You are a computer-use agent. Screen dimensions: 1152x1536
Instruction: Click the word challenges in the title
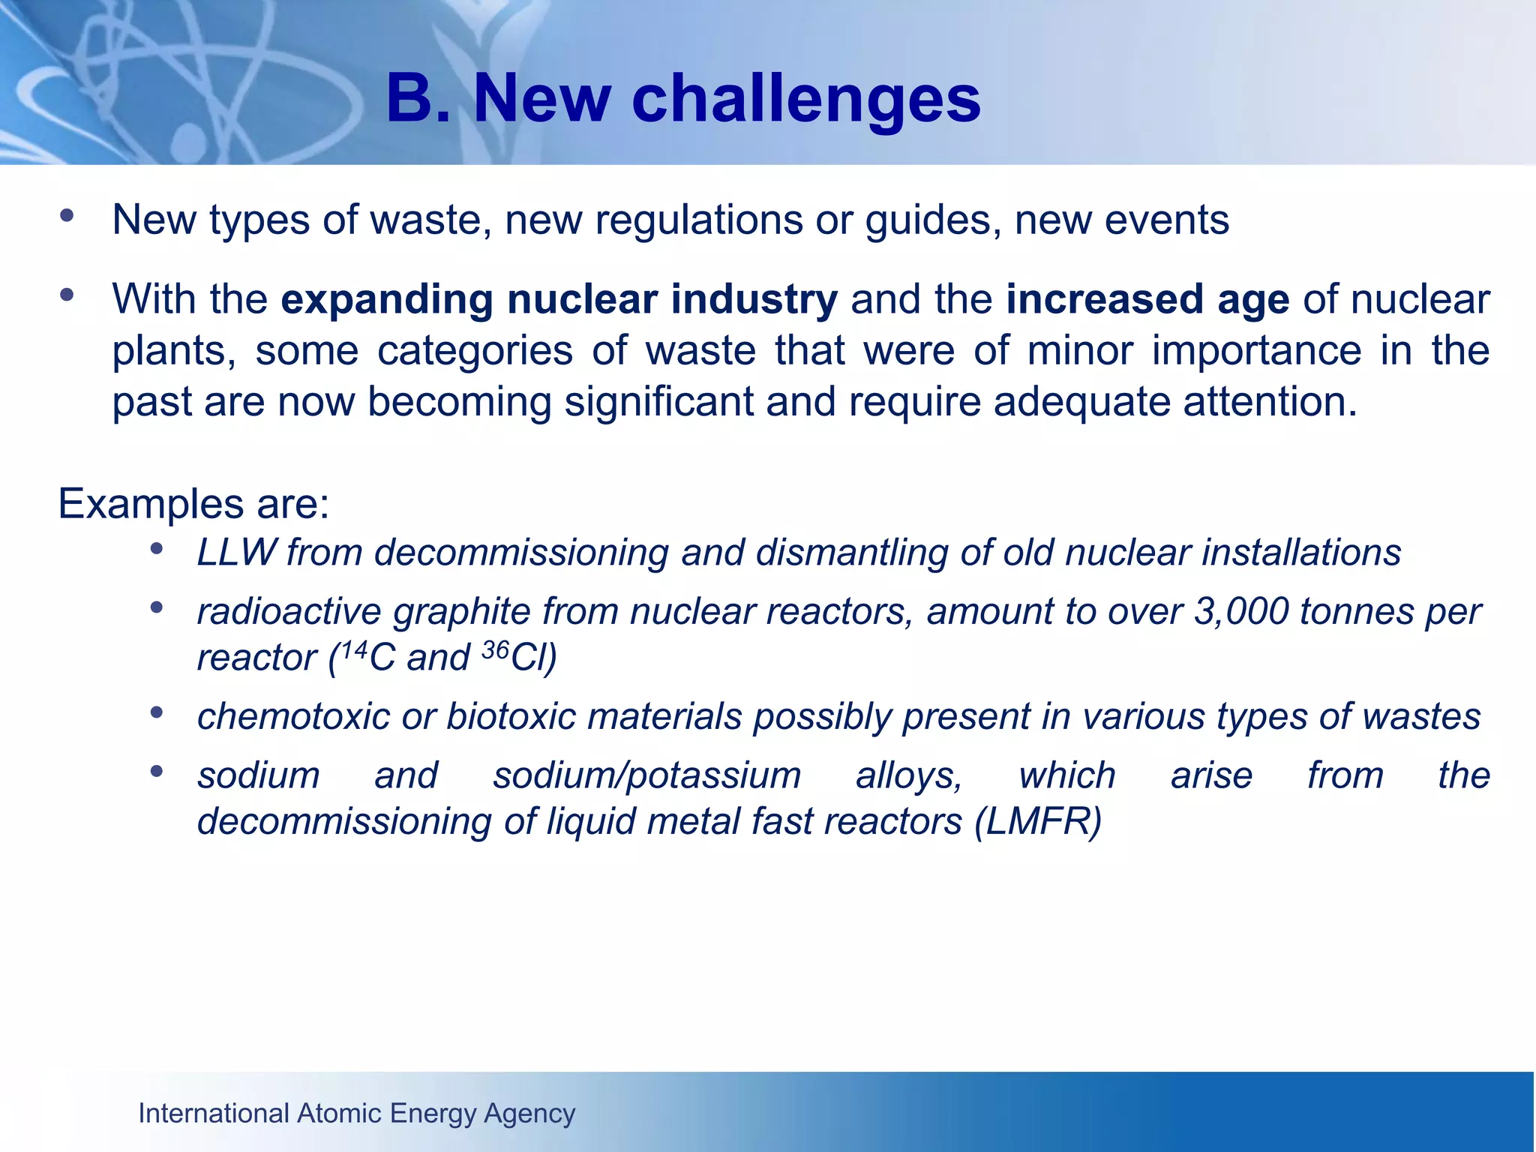pos(806,99)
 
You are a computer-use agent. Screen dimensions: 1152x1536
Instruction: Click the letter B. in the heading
pos(419,99)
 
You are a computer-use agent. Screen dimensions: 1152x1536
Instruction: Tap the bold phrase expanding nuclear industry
pos(559,298)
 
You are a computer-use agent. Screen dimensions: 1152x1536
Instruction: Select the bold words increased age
pos(1147,298)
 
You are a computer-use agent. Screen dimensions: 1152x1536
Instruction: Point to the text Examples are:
pos(193,503)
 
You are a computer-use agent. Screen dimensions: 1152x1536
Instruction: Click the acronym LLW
pos(236,553)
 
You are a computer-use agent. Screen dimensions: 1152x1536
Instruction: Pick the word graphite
pos(462,611)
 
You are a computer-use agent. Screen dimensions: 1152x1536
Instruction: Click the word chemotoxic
pos(293,716)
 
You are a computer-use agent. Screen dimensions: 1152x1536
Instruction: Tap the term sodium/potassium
pos(646,775)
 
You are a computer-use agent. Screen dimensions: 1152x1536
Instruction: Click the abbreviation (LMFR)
pos(1038,821)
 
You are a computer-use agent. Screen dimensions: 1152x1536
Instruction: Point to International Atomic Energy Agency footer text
pos(357,1113)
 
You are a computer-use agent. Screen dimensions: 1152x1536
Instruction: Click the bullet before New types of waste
pos(67,216)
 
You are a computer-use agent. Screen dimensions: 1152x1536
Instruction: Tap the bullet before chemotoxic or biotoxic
pos(157,712)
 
